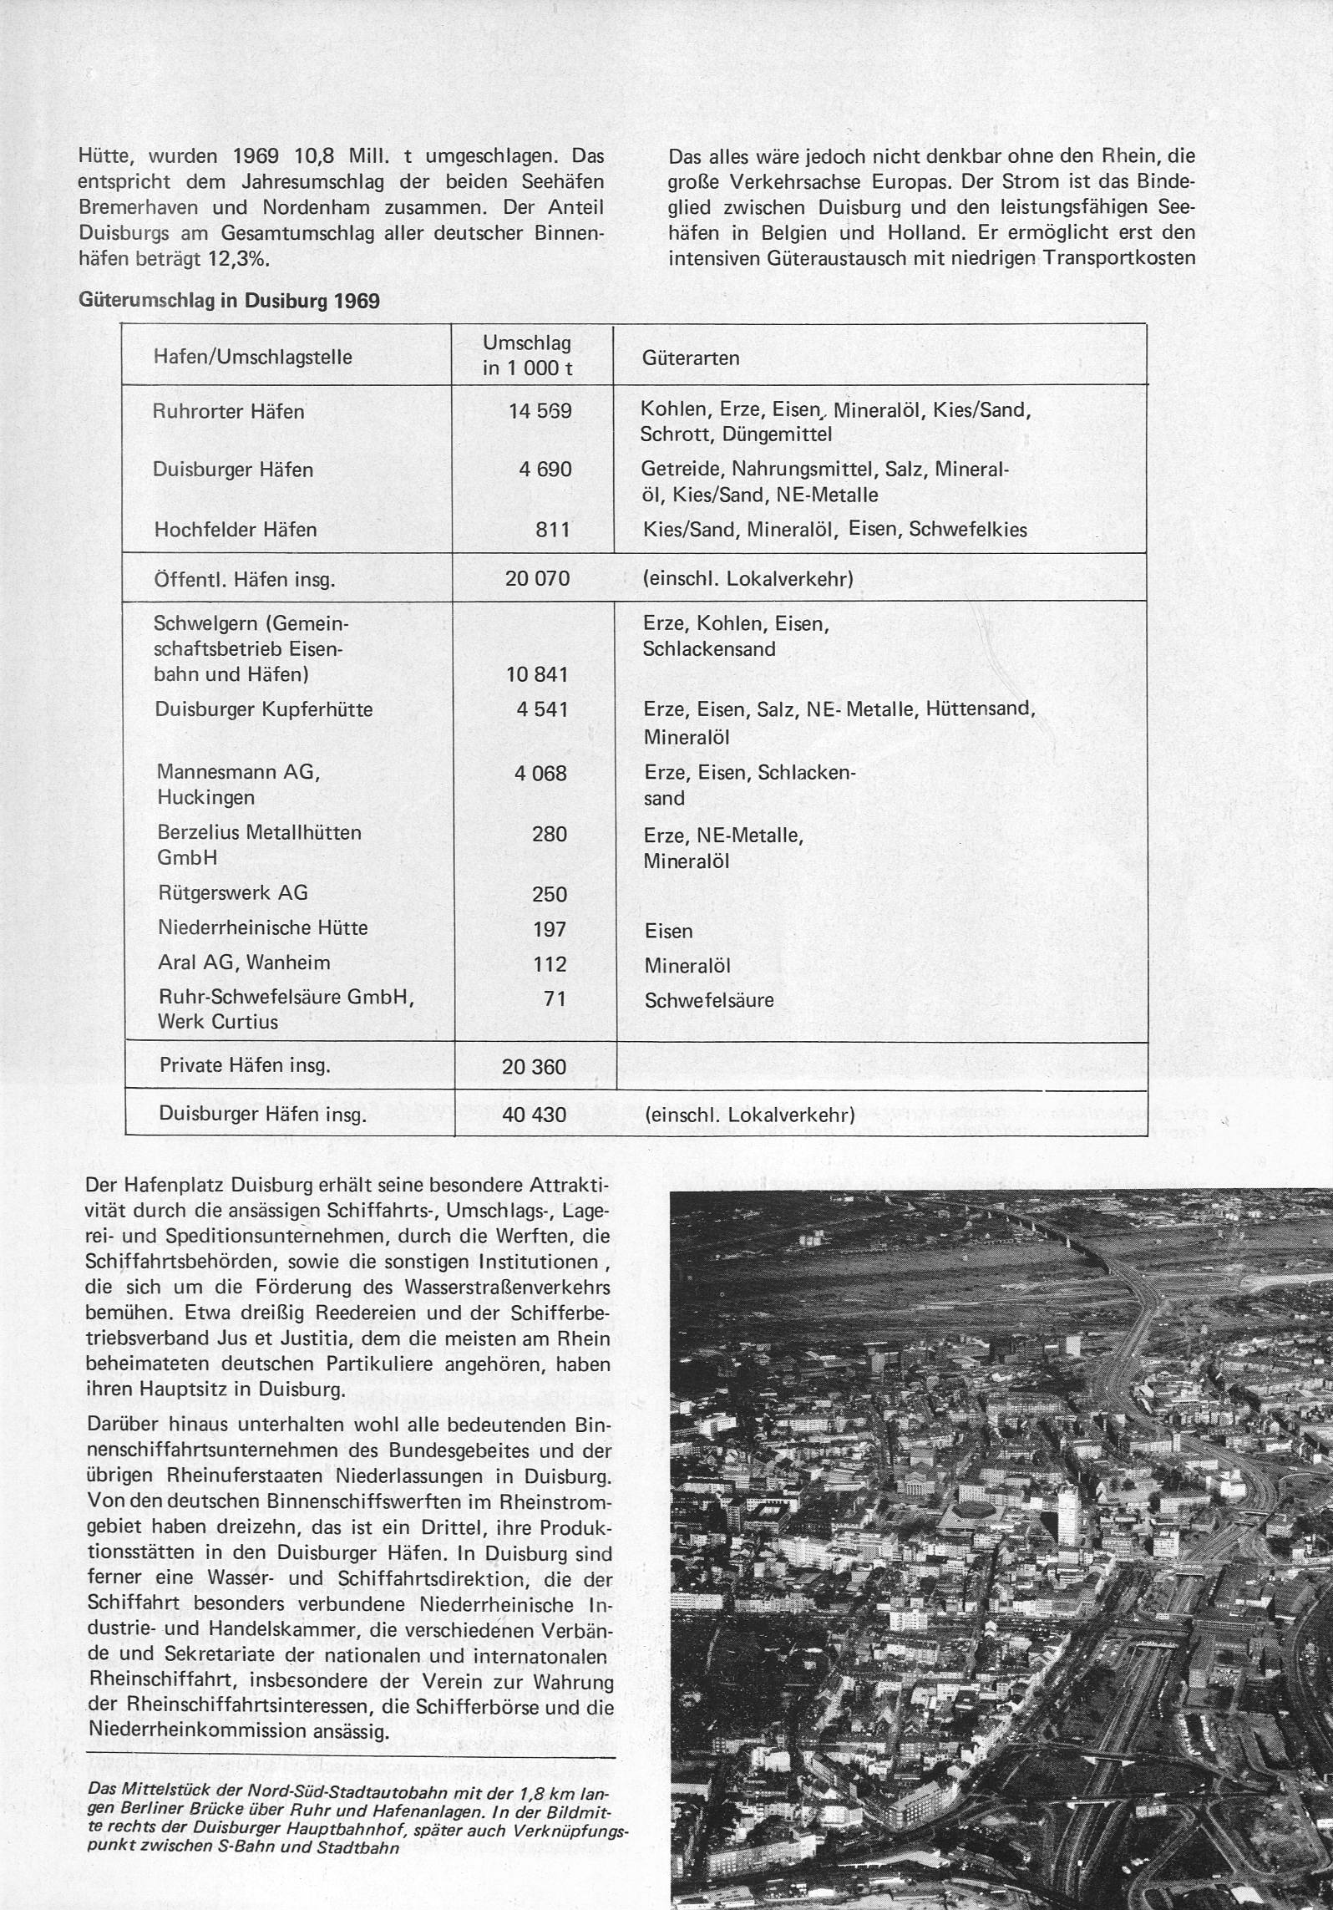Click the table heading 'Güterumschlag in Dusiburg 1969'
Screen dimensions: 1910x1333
coord(229,301)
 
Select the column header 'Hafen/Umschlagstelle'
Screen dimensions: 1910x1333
coord(253,357)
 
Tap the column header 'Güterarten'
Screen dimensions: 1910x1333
coord(691,358)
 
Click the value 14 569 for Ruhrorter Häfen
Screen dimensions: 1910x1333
coord(540,411)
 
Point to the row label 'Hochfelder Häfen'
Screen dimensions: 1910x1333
coord(236,529)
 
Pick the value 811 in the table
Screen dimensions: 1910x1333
coord(553,529)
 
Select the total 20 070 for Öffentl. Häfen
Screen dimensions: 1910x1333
coord(537,577)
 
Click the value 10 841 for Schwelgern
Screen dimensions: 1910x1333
coord(537,674)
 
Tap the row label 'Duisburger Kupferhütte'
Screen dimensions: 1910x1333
coord(264,709)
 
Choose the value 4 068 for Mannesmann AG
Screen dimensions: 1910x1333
coord(540,773)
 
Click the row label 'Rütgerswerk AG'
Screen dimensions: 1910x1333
coord(233,892)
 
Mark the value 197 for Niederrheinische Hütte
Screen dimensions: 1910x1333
coord(550,929)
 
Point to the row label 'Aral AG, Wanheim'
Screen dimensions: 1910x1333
coord(244,963)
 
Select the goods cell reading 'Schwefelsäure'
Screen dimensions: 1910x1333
coord(709,1000)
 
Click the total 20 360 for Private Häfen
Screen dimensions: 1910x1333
coord(534,1067)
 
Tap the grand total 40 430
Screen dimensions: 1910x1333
coord(534,1115)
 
